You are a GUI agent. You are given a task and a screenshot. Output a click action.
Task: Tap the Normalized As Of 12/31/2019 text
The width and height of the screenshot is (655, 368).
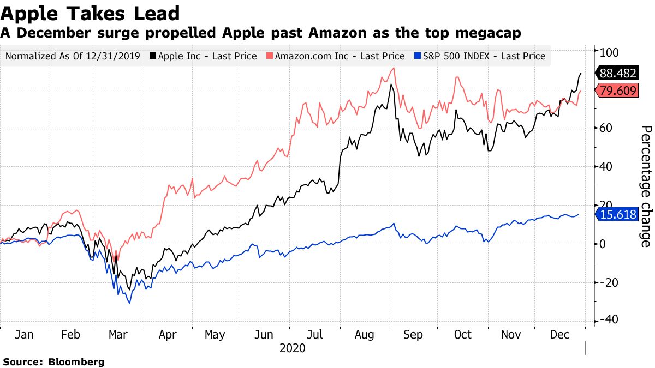[x=73, y=56]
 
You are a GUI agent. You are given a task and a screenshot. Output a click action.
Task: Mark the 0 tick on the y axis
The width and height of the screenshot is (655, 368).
[x=604, y=243]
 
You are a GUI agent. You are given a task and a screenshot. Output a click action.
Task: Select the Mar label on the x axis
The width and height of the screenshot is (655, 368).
[x=119, y=335]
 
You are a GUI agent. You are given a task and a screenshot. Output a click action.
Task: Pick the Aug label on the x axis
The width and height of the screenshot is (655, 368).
[x=364, y=335]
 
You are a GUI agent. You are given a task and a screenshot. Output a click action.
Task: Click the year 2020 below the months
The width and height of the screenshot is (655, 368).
[x=292, y=348]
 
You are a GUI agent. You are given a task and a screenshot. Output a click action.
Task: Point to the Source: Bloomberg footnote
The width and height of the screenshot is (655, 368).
[x=53, y=361]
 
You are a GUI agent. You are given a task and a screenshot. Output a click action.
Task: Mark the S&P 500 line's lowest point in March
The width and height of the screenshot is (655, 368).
[x=129, y=303]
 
